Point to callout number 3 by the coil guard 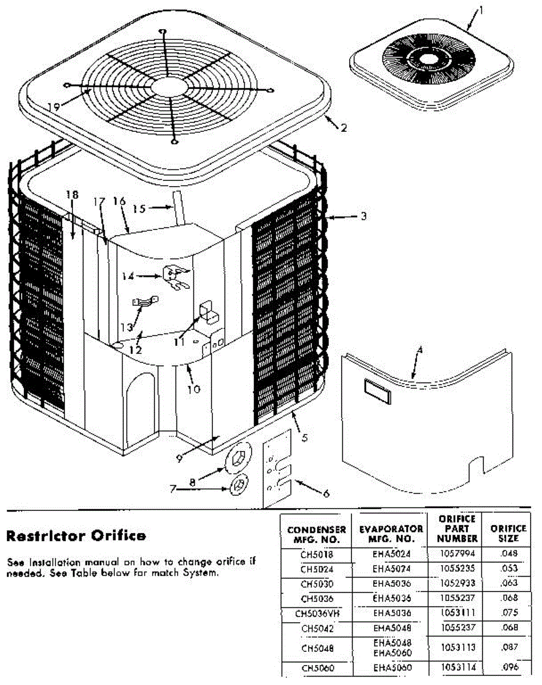tap(363, 216)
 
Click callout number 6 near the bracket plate tap(326, 493)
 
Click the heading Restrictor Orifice tap(76, 535)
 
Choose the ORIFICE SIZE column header tap(508, 533)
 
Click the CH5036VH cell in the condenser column tap(317, 614)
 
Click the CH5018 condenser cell tap(317, 554)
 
